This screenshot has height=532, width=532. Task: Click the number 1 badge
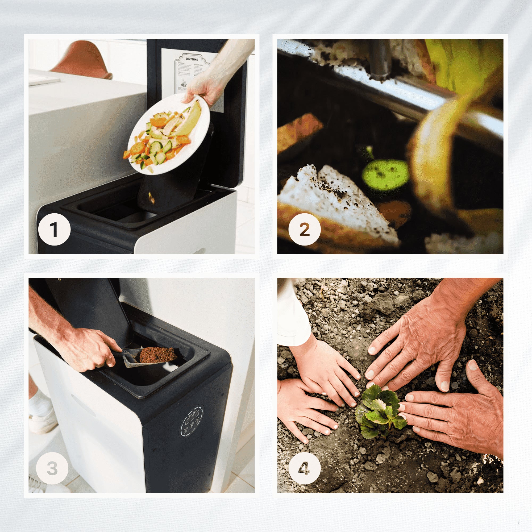pyautogui.click(x=54, y=229)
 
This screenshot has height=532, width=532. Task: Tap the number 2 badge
pyautogui.click(x=304, y=229)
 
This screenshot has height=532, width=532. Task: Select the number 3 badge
pyautogui.click(x=52, y=468)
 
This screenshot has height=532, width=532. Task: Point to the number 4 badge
pyautogui.click(x=304, y=468)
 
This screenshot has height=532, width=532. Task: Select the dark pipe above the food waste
pyautogui.click(x=380, y=59)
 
